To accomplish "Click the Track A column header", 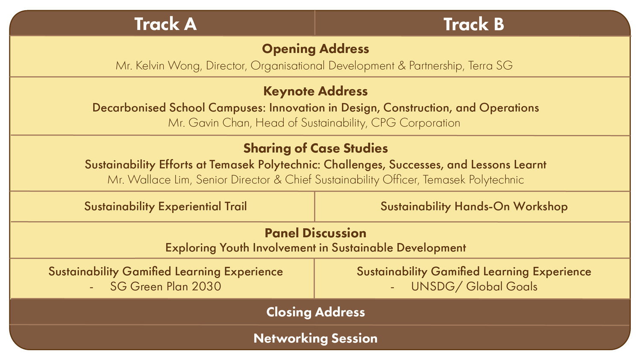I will click(165, 24).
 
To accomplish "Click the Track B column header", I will click(473, 24).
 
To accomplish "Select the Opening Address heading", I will click(315, 49).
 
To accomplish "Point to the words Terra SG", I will click(490, 65).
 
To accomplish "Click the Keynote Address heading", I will click(315, 91).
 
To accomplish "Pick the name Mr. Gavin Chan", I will click(209, 123).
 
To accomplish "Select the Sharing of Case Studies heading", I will click(315, 148).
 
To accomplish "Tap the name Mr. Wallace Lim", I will click(148, 180).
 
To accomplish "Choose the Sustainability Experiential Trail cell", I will click(165, 207).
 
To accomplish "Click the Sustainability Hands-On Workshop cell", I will click(474, 207).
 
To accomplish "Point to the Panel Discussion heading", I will click(315, 233).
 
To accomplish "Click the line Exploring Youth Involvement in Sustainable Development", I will click(315, 248).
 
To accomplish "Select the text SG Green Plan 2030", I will click(165, 286).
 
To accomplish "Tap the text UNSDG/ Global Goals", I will click(474, 286).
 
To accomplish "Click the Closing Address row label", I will click(315, 312).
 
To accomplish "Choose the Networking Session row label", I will click(315, 338).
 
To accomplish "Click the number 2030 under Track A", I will click(206, 286).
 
